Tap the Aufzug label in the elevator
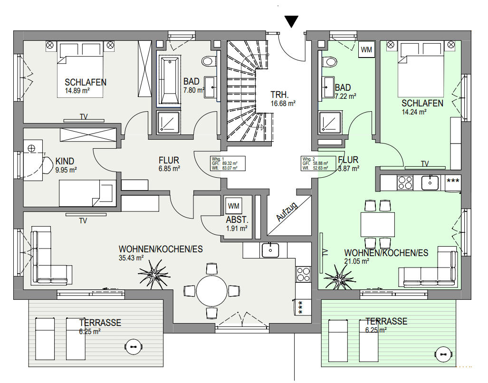[x=287, y=212]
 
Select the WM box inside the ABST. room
[x=233, y=206]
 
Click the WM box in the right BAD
[x=366, y=50]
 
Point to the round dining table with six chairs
[x=212, y=290]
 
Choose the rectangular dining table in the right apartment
[x=378, y=224]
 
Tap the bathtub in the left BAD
[x=169, y=80]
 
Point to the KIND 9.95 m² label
[x=66, y=165]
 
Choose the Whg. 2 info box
[x=318, y=163]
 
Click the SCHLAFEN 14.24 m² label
[x=422, y=107]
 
